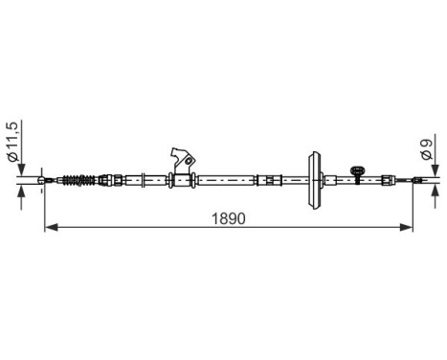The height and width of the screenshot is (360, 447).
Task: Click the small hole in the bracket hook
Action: pyautogui.click(x=190, y=159)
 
